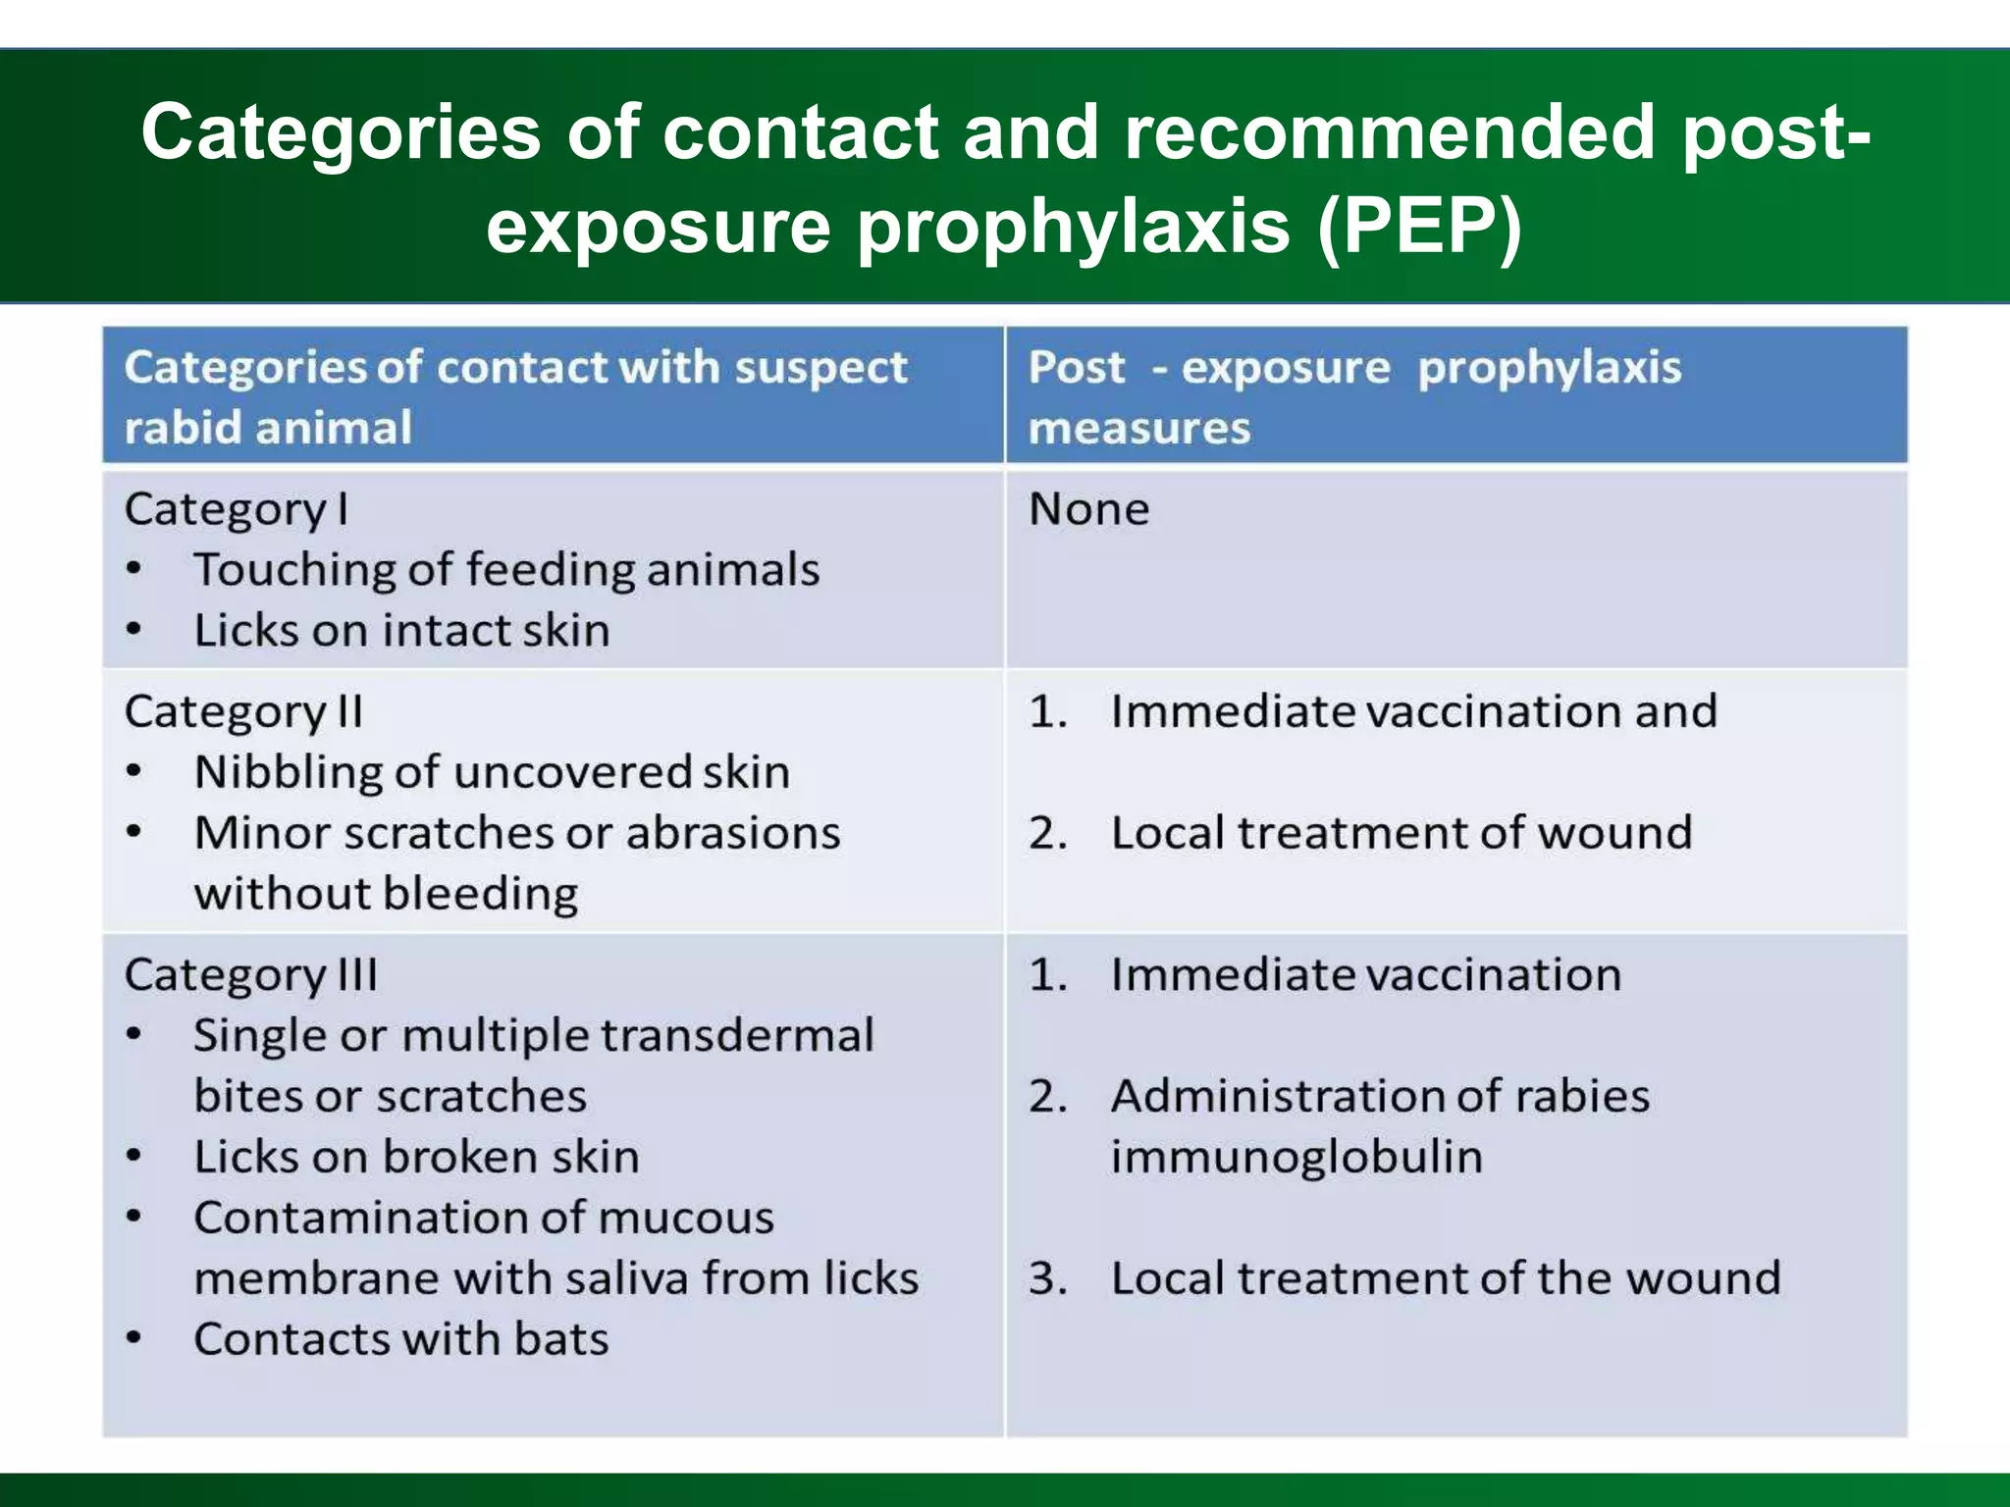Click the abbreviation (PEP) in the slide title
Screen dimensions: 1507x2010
pyautogui.click(x=1418, y=227)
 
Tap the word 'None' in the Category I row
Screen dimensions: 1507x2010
pyautogui.click(x=1088, y=509)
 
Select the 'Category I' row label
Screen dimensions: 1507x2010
pyautogui.click(x=236, y=510)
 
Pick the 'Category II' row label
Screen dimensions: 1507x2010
pyautogui.click(x=243, y=712)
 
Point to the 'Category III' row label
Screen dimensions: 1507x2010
pyautogui.click(x=250, y=975)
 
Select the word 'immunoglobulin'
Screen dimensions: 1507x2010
pyautogui.click(x=1296, y=1157)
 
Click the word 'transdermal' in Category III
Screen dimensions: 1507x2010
pyautogui.click(x=736, y=1036)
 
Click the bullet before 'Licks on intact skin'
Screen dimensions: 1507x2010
pyautogui.click(x=134, y=630)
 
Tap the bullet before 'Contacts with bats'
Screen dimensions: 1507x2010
pyautogui.click(x=134, y=1339)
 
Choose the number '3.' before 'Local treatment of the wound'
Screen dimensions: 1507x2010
pyautogui.click(x=1047, y=1278)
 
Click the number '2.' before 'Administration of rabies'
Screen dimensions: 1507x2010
pyautogui.click(x=1047, y=1096)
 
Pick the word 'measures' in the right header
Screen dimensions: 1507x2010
pyautogui.click(x=1138, y=429)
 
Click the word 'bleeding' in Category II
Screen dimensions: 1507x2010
pyautogui.click(x=480, y=894)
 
